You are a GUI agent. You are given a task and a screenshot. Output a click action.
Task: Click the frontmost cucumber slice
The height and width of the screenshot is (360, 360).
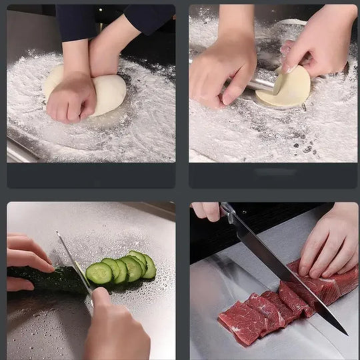(99, 273)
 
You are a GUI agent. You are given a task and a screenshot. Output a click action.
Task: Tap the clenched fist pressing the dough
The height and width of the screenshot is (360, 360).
(70, 98)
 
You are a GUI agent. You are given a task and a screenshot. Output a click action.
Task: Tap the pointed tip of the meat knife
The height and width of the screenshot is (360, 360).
(346, 333)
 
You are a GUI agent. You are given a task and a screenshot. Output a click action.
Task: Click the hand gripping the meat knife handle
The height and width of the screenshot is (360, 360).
(207, 211)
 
